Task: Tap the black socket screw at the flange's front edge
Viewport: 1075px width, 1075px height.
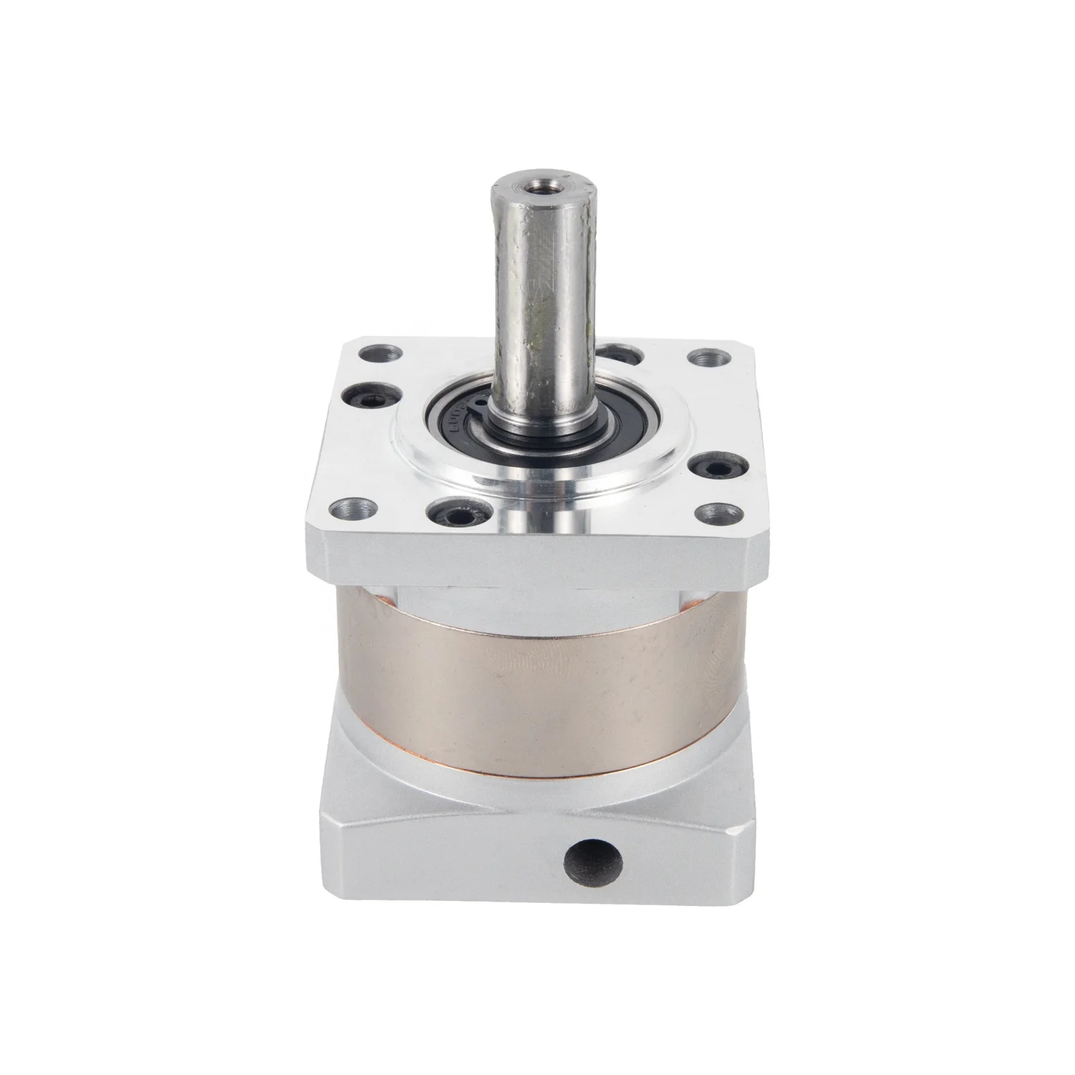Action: click(453, 513)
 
